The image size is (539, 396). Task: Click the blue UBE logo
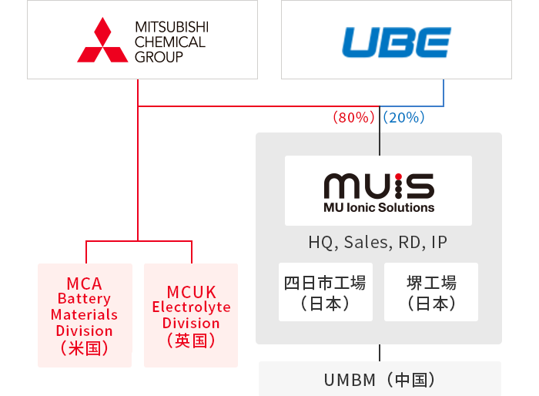(396, 42)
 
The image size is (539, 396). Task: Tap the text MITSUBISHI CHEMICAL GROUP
(170, 42)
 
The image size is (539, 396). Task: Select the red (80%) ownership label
(353, 118)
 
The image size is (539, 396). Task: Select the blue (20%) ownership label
(404, 118)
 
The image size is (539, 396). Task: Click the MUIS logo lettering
(378, 185)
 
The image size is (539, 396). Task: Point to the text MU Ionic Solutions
(378, 207)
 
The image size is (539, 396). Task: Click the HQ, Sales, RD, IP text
(377, 243)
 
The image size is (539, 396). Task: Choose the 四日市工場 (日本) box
(325, 292)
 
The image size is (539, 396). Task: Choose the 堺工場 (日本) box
(430, 292)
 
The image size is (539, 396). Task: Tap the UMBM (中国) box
(380, 379)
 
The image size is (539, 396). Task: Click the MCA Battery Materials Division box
(85, 315)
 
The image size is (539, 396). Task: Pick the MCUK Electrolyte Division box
(191, 315)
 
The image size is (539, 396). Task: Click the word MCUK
(191, 292)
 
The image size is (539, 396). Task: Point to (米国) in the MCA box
(85, 347)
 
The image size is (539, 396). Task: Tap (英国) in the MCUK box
(191, 340)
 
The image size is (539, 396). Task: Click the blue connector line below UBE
(444, 92)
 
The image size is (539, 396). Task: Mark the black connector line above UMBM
(380, 352)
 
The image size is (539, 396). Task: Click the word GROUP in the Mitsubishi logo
(159, 57)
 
